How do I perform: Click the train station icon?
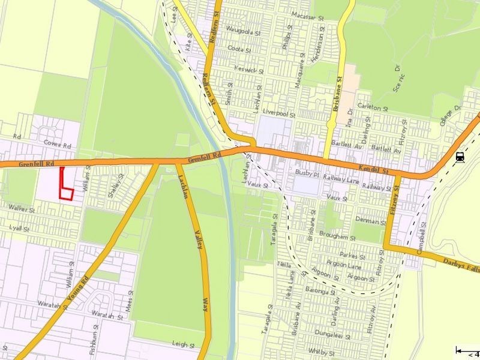pyautogui.click(x=460, y=157)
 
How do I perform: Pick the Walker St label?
pyautogui.click(x=22, y=211)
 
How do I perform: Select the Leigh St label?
pyautogui.click(x=182, y=345)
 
